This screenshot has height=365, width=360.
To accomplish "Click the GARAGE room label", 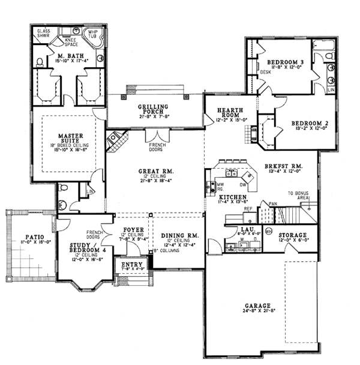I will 257,305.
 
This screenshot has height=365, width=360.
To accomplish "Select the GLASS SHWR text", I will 44,32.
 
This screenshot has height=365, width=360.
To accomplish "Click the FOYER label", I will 133,229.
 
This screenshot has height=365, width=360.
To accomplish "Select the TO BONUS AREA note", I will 298,195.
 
